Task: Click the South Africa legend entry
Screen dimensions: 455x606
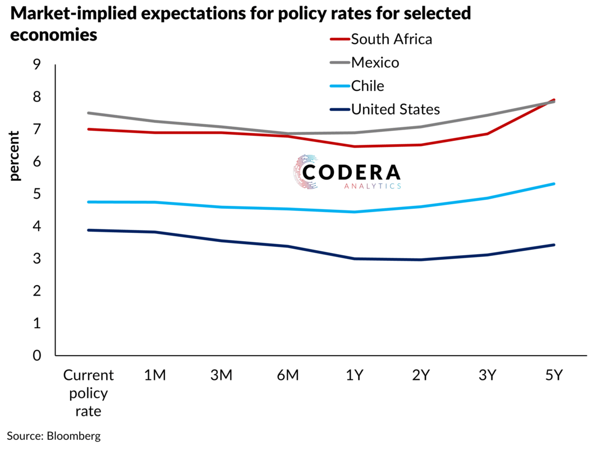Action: (x=391, y=39)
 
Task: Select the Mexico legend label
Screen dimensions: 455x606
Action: (x=375, y=63)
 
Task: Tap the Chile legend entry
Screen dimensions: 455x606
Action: (x=368, y=86)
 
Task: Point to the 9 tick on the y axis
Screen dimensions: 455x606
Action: (x=37, y=65)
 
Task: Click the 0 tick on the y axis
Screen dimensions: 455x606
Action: (x=37, y=356)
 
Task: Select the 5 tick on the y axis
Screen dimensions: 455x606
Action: (x=37, y=194)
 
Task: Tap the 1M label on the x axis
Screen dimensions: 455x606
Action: (x=155, y=375)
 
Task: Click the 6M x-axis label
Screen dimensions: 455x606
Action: (x=288, y=375)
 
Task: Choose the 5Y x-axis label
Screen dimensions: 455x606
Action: (x=554, y=375)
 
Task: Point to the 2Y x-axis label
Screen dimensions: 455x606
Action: (x=421, y=375)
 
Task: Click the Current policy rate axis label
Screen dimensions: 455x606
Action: (x=89, y=393)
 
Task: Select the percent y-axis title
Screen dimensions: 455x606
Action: (x=15, y=155)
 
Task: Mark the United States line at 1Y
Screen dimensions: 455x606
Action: (x=355, y=259)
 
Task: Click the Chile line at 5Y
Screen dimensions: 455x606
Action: (x=554, y=184)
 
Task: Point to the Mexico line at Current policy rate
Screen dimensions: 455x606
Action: (x=89, y=113)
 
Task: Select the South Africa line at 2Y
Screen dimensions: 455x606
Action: (x=421, y=145)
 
